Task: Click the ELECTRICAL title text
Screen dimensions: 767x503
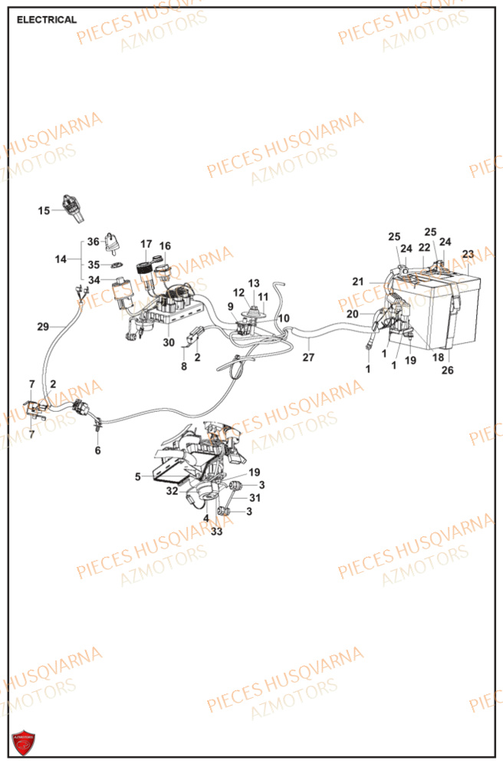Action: pos(47,20)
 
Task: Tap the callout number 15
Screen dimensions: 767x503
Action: pos(44,210)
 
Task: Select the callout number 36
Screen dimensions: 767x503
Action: pos(93,242)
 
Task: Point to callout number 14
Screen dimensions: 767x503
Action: pos(61,260)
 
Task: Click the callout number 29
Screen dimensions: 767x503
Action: pos(43,327)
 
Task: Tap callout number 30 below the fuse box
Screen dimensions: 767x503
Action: pos(168,342)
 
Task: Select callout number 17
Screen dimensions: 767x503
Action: pos(146,245)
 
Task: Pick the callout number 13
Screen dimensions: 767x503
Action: pos(254,283)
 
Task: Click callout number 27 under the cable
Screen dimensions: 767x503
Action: pos(308,357)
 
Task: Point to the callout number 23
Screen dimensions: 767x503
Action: pos(468,254)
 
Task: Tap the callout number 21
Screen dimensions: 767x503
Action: pos(357,281)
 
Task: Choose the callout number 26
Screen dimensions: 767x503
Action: pos(447,370)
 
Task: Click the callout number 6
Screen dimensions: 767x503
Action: pos(97,450)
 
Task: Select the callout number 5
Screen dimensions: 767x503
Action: pos(138,476)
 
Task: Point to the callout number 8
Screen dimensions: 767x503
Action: pos(184,367)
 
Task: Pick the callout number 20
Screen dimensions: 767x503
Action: pos(352,314)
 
